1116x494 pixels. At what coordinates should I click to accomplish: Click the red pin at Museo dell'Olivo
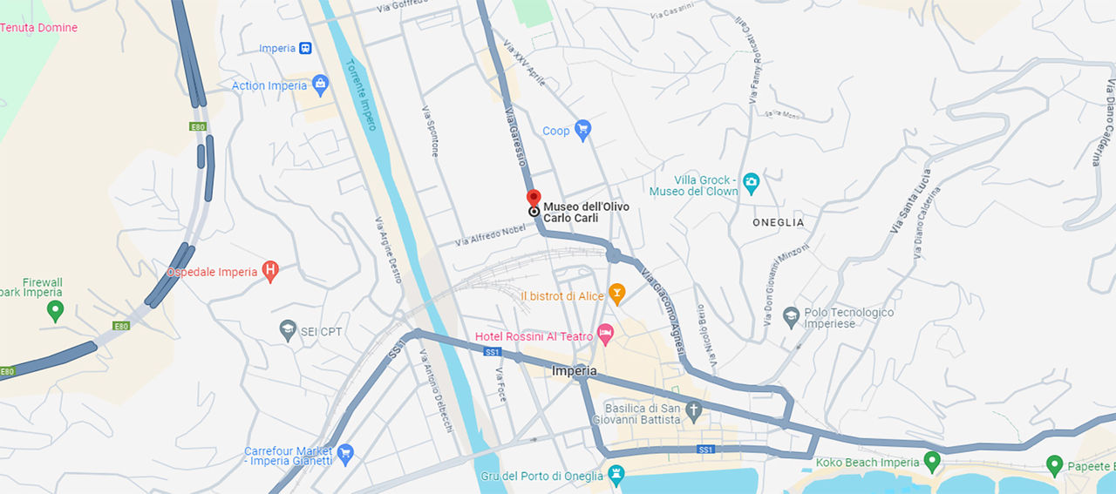coord(534,198)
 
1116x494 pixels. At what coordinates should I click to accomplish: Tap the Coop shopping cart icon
coord(583,131)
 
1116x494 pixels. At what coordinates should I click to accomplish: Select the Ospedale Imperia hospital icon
coord(270,272)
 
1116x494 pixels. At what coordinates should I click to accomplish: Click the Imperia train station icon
coord(306,49)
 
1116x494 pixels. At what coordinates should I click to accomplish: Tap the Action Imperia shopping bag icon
coord(320,85)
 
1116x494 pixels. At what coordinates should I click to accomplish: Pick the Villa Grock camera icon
coord(751,184)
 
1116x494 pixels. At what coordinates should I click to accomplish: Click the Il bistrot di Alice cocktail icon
coord(617,295)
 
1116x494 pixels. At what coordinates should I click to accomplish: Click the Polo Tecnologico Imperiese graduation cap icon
coord(791,317)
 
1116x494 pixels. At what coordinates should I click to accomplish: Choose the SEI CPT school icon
coord(288,330)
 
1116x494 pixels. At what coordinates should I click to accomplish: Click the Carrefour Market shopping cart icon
coord(345,453)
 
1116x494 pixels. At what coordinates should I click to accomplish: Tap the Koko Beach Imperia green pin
coord(932,461)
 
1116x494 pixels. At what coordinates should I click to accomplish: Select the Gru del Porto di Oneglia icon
coord(616,476)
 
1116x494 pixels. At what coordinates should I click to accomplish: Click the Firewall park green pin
coord(55,310)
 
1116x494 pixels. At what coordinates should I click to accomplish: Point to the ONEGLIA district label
coord(779,223)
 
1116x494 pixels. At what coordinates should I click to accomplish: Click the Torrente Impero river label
coord(359,96)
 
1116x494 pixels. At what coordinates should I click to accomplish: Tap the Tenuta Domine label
coord(38,28)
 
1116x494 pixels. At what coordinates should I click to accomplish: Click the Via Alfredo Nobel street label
coord(491,234)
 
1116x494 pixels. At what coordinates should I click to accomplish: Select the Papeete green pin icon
coord(1054,465)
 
